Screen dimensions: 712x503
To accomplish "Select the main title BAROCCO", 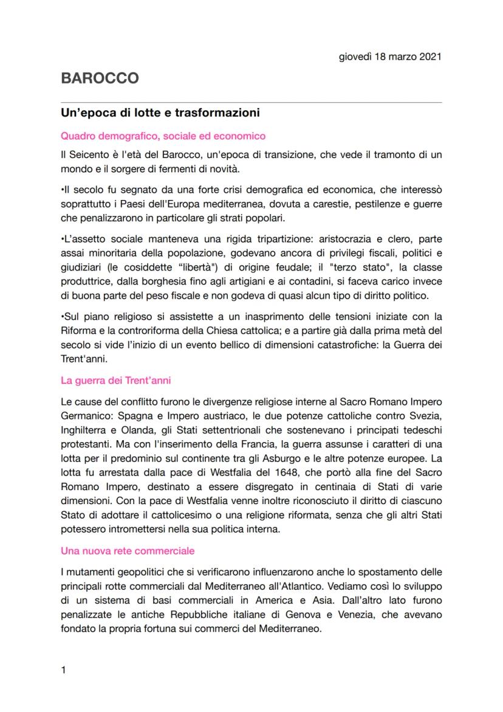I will point(100,78).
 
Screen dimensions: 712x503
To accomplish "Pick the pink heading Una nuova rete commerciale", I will point(128,551).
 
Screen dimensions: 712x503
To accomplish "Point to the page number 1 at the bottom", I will point(64,670).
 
